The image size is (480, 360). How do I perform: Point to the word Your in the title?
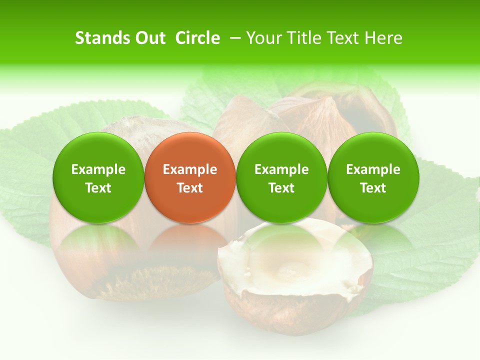tap(264, 38)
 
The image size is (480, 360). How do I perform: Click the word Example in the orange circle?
tap(190, 169)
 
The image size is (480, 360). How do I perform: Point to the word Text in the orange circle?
tap(190, 188)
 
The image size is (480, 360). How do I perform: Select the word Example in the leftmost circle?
tap(98, 169)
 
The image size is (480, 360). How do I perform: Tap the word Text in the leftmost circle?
tap(98, 188)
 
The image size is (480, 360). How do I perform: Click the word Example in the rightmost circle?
tap(373, 169)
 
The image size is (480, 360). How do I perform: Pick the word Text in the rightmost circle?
tap(373, 188)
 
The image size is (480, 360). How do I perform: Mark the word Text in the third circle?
tap(281, 188)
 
